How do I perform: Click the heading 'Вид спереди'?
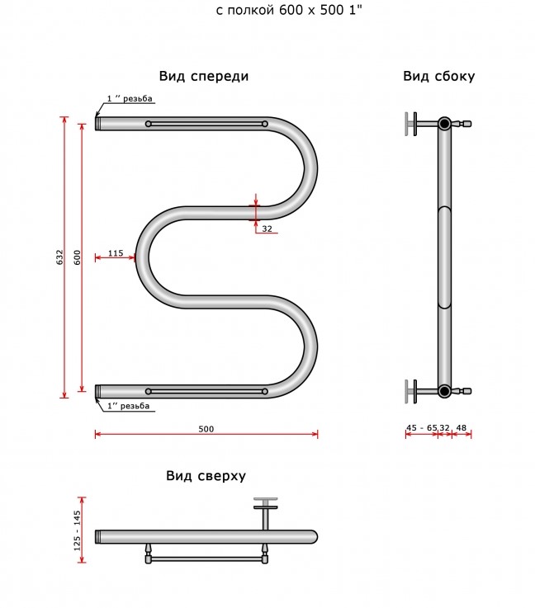tap(204, 76)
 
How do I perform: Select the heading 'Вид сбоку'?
tap(438, 76)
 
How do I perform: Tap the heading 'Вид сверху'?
tap(206, 476)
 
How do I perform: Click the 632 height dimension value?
tap(59, 257)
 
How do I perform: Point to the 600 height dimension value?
tap(77, 257)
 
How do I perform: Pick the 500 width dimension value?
tap(206, 429)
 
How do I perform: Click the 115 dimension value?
tap(116, 253)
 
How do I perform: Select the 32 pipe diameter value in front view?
tap(267, 229)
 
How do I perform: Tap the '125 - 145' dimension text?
tap(77, 530)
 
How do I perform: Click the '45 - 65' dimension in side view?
tap(421, 427)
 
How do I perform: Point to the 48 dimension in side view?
tap(462, 427)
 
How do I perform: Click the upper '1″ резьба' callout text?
tap(130, 98)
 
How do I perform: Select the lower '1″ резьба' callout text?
tap(129, 406)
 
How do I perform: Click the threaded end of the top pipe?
tap(98, 123)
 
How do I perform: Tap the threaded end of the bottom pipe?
tap(98, 391)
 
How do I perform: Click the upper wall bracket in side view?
tap(411, 124)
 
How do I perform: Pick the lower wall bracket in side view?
tap(411, 391)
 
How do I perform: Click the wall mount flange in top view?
tap(266, 503)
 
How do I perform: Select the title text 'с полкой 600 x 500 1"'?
tap(289, 10)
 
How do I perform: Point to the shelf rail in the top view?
tap(206, 559)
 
